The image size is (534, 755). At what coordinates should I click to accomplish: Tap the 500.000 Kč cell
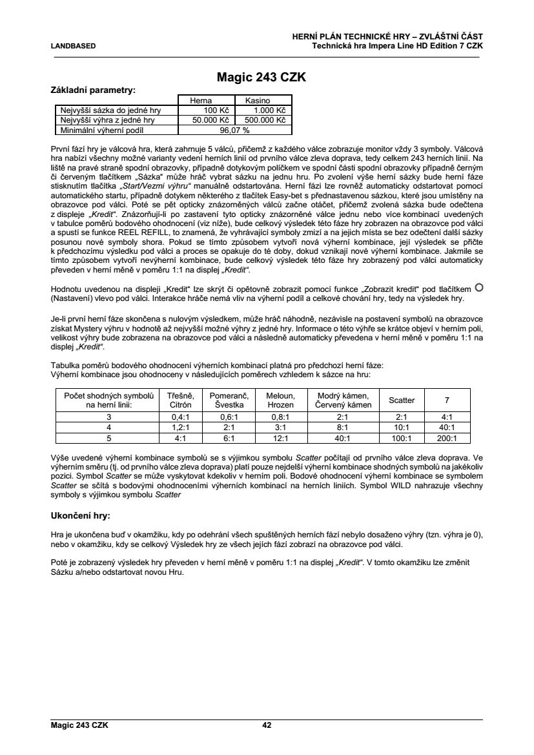(x=263, y=119)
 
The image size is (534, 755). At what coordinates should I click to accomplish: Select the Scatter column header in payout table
(x=402, y=400)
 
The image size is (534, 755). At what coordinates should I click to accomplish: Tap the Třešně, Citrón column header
(x=180, y=400)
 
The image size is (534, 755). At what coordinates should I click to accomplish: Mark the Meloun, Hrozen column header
(x=280, y=400)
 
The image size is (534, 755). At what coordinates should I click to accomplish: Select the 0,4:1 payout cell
(x=180, y=418)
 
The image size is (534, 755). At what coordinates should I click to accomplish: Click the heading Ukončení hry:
(x=80, y=517)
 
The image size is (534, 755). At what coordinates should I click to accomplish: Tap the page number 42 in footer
(x=267, y=725)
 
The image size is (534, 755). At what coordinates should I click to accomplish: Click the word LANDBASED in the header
(x=73, y=46)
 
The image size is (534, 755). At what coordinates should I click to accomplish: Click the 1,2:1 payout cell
(x=180, y=428)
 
